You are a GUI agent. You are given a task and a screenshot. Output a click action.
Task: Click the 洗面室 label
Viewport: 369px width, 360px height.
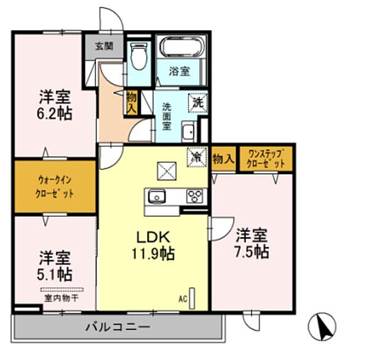point(166,115)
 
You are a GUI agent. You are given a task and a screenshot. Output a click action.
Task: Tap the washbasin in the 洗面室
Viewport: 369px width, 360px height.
point(189,131)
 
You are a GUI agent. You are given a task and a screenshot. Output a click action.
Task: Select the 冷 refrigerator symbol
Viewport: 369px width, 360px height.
point(198,156)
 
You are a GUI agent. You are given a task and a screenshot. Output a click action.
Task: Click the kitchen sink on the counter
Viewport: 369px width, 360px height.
point(156,197)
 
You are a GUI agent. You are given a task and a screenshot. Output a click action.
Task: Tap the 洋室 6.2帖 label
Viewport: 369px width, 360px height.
point(55,105)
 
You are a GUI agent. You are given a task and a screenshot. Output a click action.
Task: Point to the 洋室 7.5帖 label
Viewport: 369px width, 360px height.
point(252,243)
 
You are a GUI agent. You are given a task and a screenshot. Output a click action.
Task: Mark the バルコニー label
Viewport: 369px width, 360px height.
point(117,326)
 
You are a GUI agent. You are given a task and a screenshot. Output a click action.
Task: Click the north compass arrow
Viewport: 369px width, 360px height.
point(326,326)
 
